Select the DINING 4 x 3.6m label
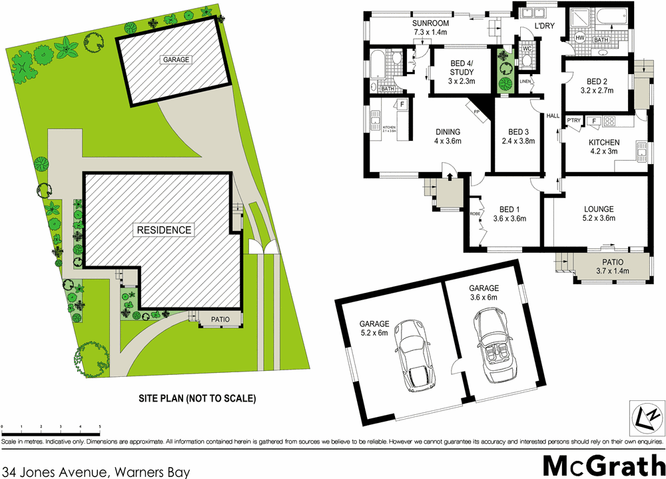[x=448, y=136]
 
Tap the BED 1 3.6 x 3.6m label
[x=509, y=213]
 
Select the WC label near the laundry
[x=525, y=49]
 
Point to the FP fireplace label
[x=476, y=112]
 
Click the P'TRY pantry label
[x=573, y=120]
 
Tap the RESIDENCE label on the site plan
[x=164, y=230]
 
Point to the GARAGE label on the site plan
[x=176, y=59]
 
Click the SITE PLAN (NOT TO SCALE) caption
[x=197, y=398]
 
